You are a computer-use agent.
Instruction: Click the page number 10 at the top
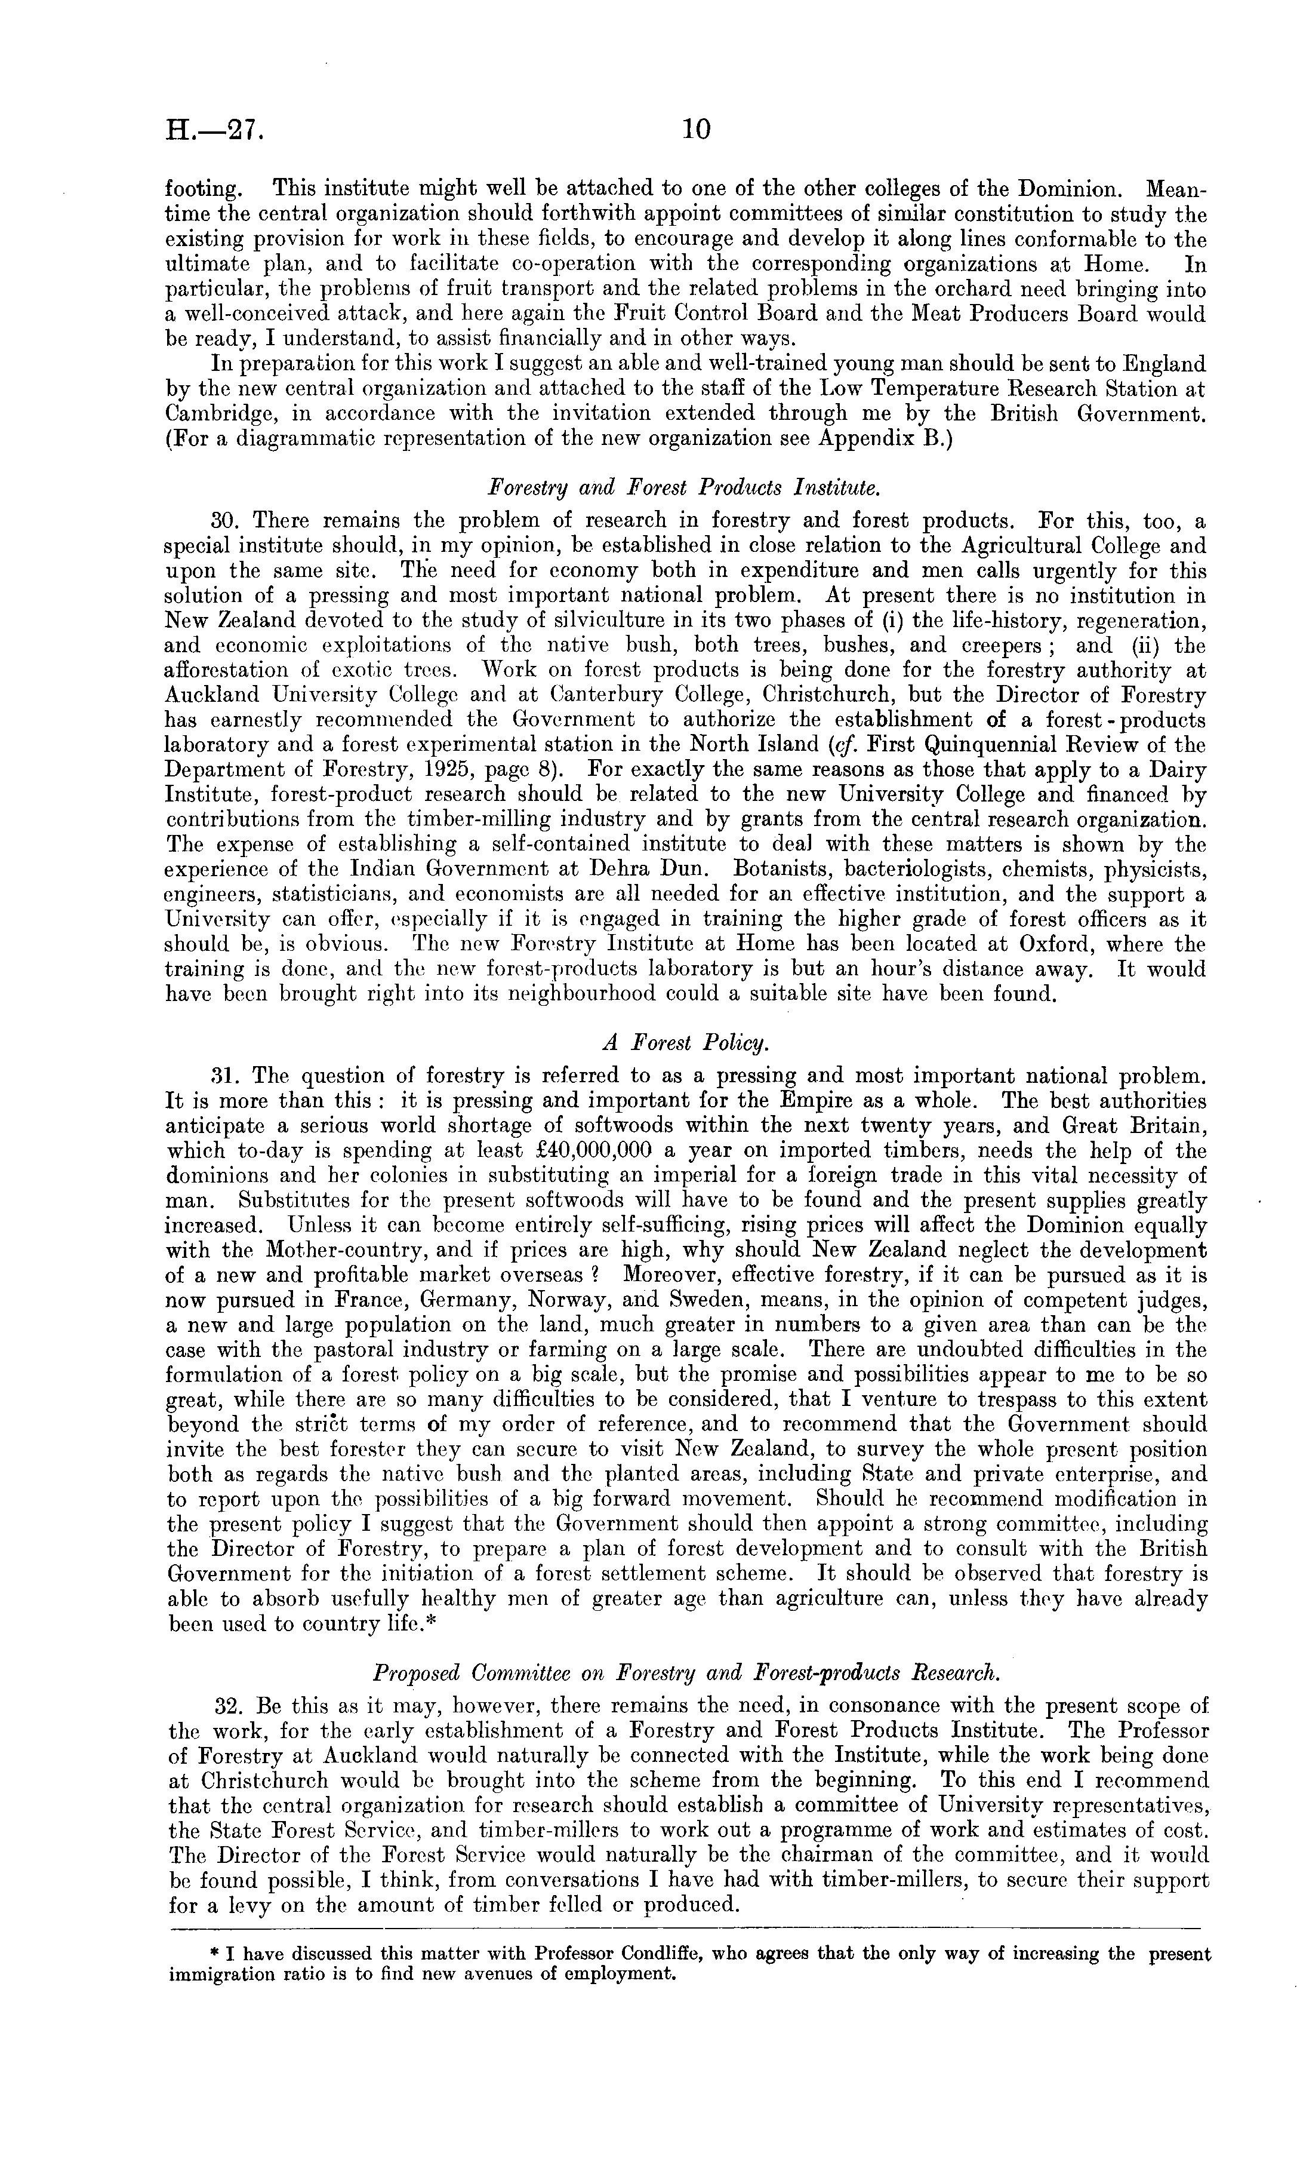(x=697, y=130)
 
